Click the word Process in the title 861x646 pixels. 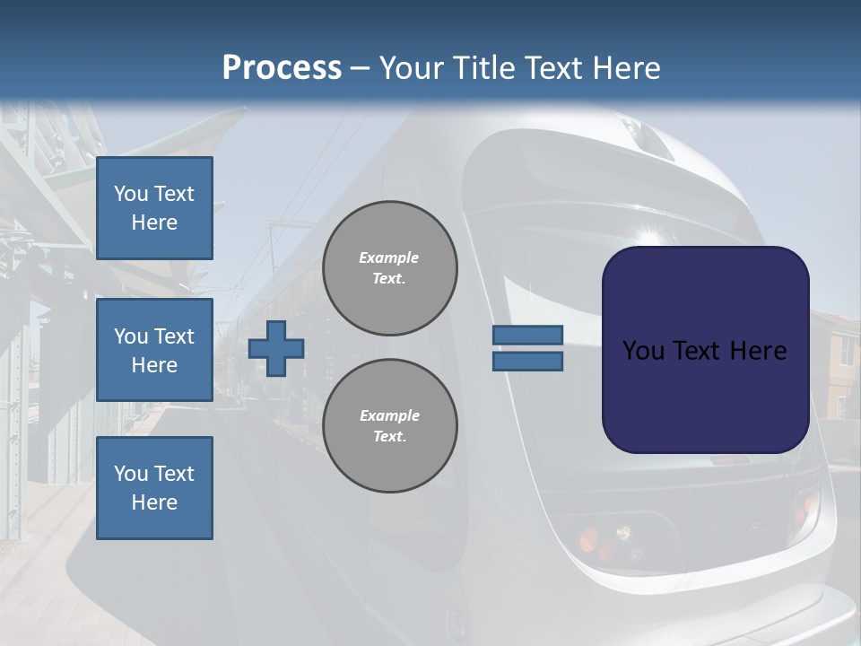(x=282, y=68)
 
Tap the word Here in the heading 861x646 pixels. (x=622, y=68)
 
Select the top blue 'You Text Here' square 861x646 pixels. (x=154, y=208)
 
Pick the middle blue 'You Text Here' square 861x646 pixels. (x=154, y=350)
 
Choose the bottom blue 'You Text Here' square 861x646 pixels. (x=154, y=488)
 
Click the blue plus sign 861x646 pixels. (x=276, y=348)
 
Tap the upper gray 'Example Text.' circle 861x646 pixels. (x=390, y=268)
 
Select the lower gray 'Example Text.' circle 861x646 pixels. (x=390, y=426)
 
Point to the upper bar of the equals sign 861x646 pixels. (x=527, y=335)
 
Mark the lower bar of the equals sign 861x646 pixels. (x=527, y=362)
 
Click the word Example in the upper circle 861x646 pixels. (x=389, y=258)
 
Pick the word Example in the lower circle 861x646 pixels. (x=389, y=415)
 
